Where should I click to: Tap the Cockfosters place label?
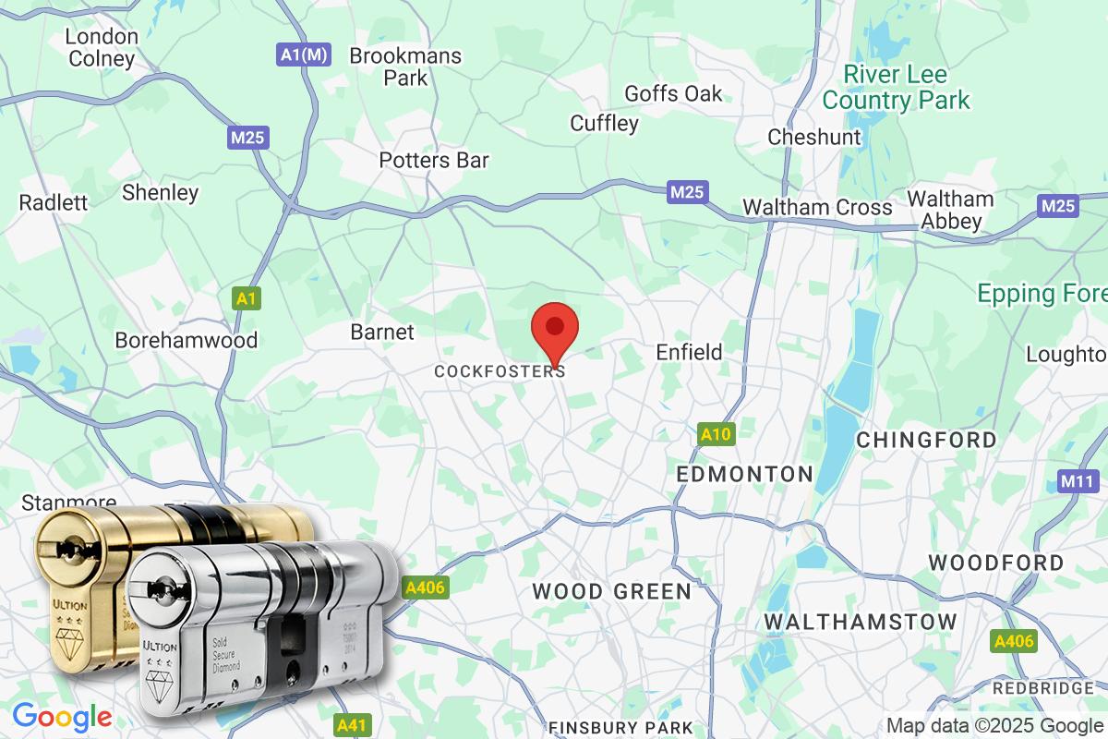tap(500, 371)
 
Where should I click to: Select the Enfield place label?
tap(689, 352)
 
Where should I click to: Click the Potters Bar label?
tap(434, 160)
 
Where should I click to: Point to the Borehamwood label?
tap(186, 340)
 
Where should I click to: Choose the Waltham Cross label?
tap(817, 207)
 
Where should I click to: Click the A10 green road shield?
tap(716, 434)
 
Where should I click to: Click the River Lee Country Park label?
tap(897, 87)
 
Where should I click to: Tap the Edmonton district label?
tap(744, 474)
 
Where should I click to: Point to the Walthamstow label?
tap(861, 623)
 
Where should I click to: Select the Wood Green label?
tap(611, 591)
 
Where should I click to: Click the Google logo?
tap(62, 716)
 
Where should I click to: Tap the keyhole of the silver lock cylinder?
tap(163, 588)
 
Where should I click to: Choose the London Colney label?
tap(102, 48)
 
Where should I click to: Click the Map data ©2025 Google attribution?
tap(995, 725)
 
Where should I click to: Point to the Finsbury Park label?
tap(620, 728)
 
